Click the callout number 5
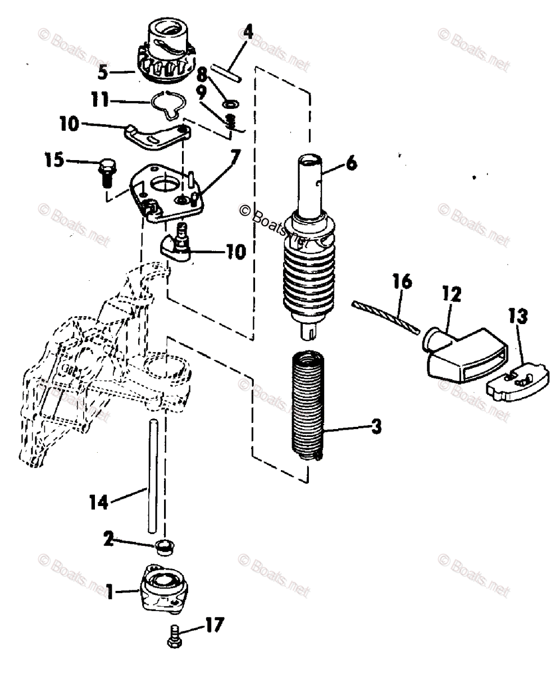coord(102,72)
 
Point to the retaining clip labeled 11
coord(168,103)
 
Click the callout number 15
coord(56,162)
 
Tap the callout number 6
coord(350,163)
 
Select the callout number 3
coord(376,427)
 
